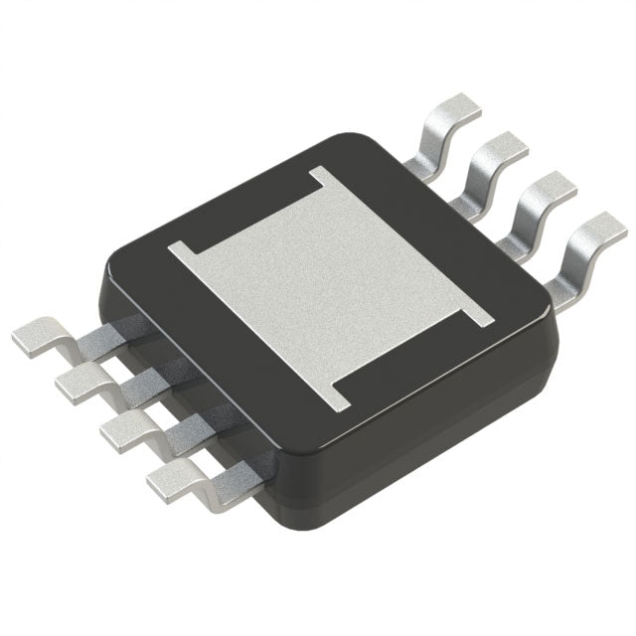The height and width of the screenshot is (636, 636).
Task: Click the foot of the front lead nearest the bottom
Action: click(169, 484)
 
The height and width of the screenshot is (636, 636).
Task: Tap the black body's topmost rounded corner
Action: click(353, 139)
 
